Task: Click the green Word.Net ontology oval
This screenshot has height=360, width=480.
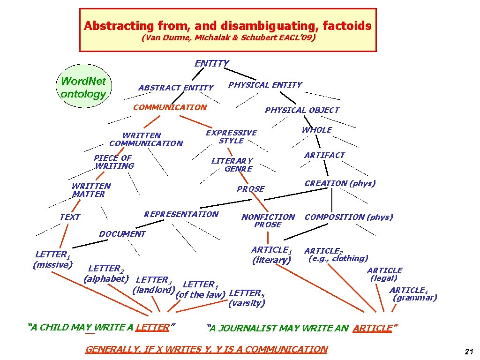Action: tap(83, 87)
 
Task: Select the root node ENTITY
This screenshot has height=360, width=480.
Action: tap(212, 63)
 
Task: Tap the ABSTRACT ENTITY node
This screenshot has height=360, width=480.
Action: tap(176, 88)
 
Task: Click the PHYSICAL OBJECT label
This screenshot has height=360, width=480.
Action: tap(302, 110)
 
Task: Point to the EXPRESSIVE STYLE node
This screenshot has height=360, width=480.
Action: tap(231, 136)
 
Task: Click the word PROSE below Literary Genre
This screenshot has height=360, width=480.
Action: tap(251, 189)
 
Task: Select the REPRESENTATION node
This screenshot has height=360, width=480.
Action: tap(181, 214)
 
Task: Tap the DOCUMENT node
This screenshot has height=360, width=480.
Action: tap(122, 234)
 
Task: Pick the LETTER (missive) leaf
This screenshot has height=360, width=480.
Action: tap(52, 260)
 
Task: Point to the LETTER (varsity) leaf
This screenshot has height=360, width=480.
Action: tap(247, 298)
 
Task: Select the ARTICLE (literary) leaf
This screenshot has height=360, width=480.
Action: tap(272, 255)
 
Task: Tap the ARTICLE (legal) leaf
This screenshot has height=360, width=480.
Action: tap(384, 274)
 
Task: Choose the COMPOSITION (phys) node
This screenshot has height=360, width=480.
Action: tap(349, 217)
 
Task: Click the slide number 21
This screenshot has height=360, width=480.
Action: tap(468, 352)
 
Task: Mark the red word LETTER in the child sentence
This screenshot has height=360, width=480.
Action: tap(151, 327)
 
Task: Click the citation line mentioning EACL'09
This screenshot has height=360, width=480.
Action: tap(228, 38)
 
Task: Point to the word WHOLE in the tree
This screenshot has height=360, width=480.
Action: tap(317, 130)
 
